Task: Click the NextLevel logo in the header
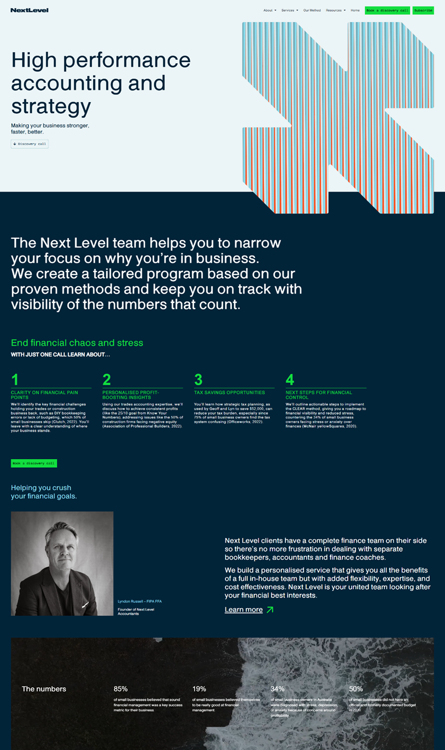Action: pyautogui.click(x=29, y=10)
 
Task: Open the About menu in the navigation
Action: pyautogui.click(x=270, y=11)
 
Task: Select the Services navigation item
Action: pyautogui.click(x=289, y=11)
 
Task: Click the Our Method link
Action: pyautogui.click(x=312, y=11)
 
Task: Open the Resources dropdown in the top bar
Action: pyautogui.click(x=335, y=11)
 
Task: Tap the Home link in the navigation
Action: pyautogui.click(x=355, y=11)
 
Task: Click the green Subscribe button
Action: pyautogui.click(x=423, y=11)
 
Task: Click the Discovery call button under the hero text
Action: pyautogui.click(x=30, y=144)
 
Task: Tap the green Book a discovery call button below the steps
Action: pyautogui.click(x=34, y=463)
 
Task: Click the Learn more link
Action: pyautogui.click(x=243, y=610)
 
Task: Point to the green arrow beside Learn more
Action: pyautogui.click(x=270, y=610)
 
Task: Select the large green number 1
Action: pyautogui.click(x=15, y=379)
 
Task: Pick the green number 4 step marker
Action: pyautogui.click(x=290, y=379)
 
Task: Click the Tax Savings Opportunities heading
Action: pyautogui.click(x=229, y=393)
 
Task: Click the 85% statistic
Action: pyautogui.click(x=121, y=689)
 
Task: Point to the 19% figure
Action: pyautogui.click(x=199, y=689)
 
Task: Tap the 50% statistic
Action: pyautogui.click(x=356, y=689)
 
